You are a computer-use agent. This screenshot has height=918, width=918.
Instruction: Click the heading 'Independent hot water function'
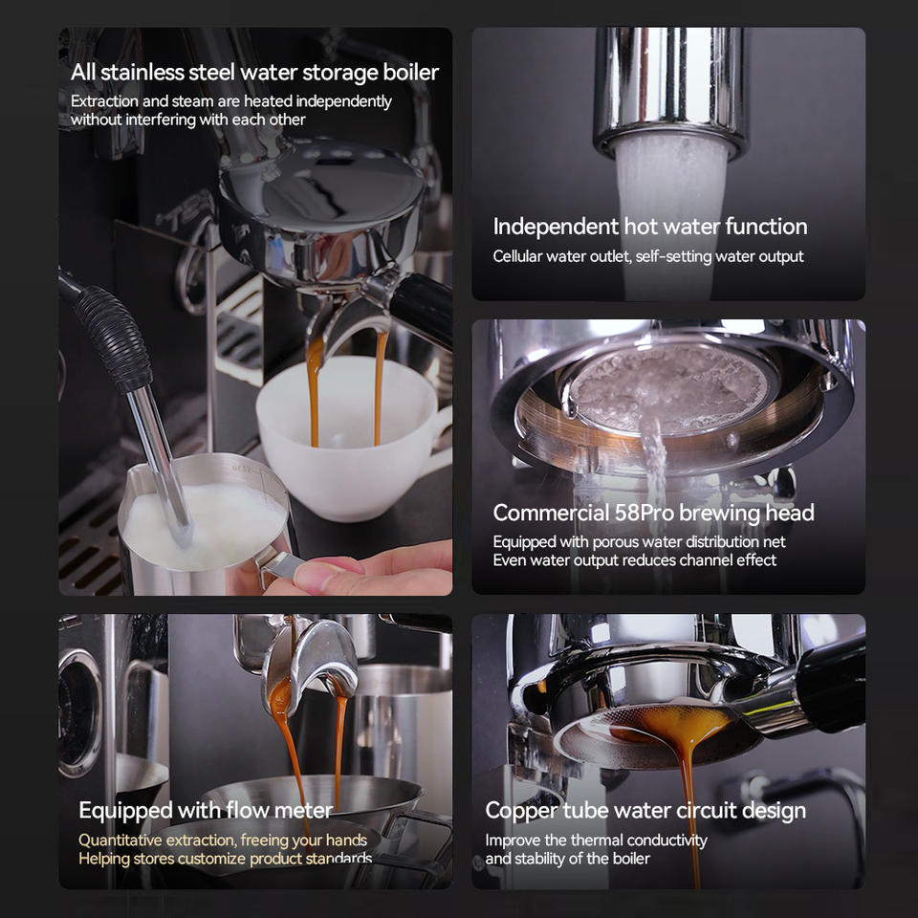(650, 227)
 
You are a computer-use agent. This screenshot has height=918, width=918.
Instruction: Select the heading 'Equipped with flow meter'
(206, 811)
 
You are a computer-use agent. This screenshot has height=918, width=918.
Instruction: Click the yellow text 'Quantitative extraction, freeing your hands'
(223, 840)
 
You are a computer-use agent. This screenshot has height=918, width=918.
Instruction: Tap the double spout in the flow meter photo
(306, 660)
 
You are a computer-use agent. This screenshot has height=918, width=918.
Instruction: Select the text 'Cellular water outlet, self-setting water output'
(648, 256)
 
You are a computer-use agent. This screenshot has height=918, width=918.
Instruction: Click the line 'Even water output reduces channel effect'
(635, 560)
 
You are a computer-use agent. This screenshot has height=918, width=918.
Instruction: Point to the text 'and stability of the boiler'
(568, 859)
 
